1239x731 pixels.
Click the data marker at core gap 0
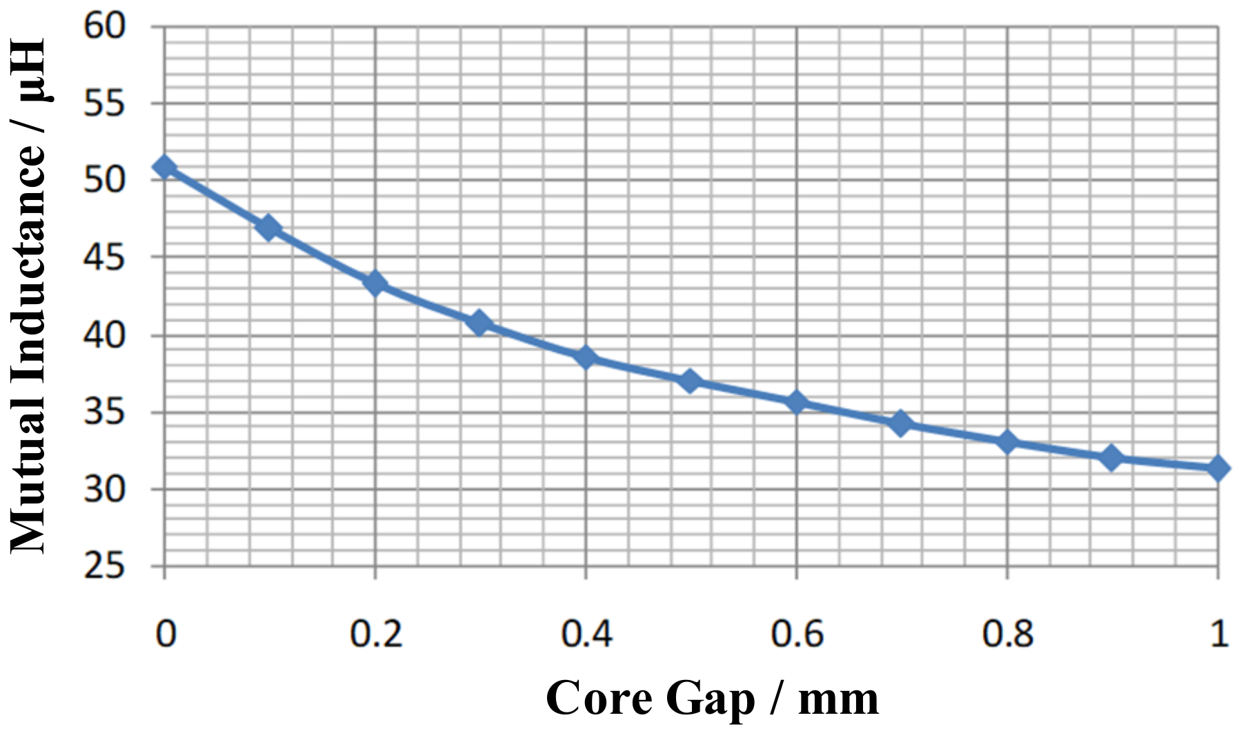tap(164, 167)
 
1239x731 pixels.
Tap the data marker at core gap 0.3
tap(479, 323)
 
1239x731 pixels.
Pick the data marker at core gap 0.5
tap(690, 381)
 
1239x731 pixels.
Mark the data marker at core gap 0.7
tap(900, 423)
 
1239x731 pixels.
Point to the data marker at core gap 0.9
tap(1111, 457)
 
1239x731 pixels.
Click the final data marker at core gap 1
tap(1218, 468)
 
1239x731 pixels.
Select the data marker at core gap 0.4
tap(586, 357)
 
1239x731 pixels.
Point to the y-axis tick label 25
tap(104, 567)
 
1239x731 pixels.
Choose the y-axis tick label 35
tap(104, 412)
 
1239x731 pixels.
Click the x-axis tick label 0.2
tap(375, 633)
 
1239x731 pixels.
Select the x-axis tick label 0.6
tap(797, 633)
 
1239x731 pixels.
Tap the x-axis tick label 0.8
tap(1008, 633)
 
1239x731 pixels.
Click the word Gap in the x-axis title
tap(711, 699)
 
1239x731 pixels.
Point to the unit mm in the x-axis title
tap(838, 699)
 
